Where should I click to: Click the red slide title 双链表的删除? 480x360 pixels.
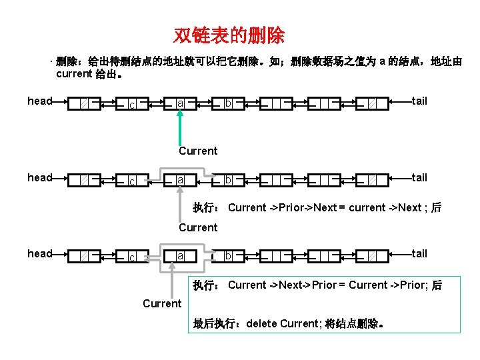(x=229, y=35)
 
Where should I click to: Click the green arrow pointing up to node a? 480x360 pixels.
(x=179, y=127)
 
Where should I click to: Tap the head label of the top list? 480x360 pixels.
(x=39, y=101)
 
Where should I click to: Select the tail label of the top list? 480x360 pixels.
(x=419, y=101)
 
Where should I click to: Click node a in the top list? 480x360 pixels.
(x=181, y=103)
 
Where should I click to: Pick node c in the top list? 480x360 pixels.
(x=132, y=105)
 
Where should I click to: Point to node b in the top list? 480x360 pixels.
(x=228, y=103)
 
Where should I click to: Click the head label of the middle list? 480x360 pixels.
(x=39, y=177)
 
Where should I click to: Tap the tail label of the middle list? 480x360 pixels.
(x=419, y=177)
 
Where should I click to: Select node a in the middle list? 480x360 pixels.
(x=181, y=180)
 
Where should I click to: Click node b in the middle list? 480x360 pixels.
(x=228, y=180)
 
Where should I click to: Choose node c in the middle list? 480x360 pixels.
(x=132, y=181)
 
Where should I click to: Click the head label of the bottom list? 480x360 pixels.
(x=39, y=253)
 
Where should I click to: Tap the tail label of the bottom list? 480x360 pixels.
(x=419, y=253)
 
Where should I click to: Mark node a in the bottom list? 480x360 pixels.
(x=181, y=256)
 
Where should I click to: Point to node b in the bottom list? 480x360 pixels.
(x=228, y=256)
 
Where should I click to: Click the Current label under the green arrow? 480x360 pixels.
(x=198, y=151)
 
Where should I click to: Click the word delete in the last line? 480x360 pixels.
(x=262, y=324)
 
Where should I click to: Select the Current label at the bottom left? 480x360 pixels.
(x=162, y=304)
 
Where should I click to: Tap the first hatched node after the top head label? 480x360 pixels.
(x=84, y=104)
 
